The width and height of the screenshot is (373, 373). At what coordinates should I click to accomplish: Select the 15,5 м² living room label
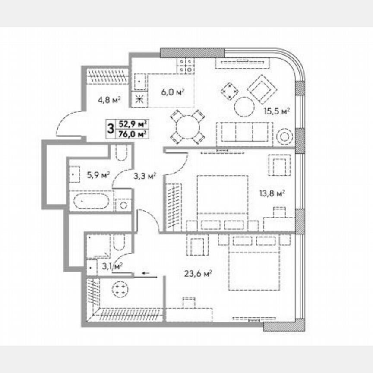coord(277,111)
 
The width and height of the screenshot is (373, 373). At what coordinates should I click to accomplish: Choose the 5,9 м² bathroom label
coord(98,175)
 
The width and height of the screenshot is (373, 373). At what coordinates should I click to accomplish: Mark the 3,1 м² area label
coord(111,266)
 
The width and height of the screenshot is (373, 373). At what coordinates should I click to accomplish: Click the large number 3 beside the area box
coord(111,129)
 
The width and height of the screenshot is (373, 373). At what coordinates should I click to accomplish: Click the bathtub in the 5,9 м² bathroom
coord(91,201)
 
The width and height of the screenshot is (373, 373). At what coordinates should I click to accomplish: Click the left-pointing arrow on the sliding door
coord(145,273)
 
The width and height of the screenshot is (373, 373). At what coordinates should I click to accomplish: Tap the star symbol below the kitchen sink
coord(139,99)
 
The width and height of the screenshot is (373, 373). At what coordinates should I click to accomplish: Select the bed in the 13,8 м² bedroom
coord(222,196)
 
